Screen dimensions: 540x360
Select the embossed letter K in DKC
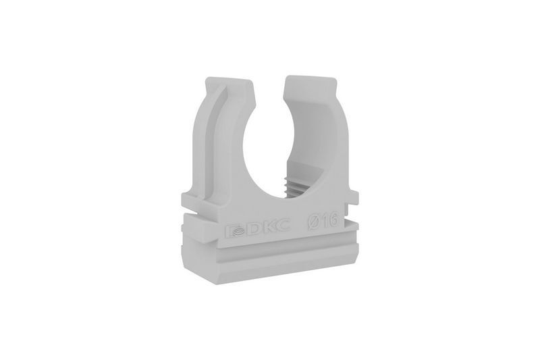pyautogui.click(x=267, y=227)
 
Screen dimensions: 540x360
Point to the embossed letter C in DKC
pyautogui.click(x=283, y=226)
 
